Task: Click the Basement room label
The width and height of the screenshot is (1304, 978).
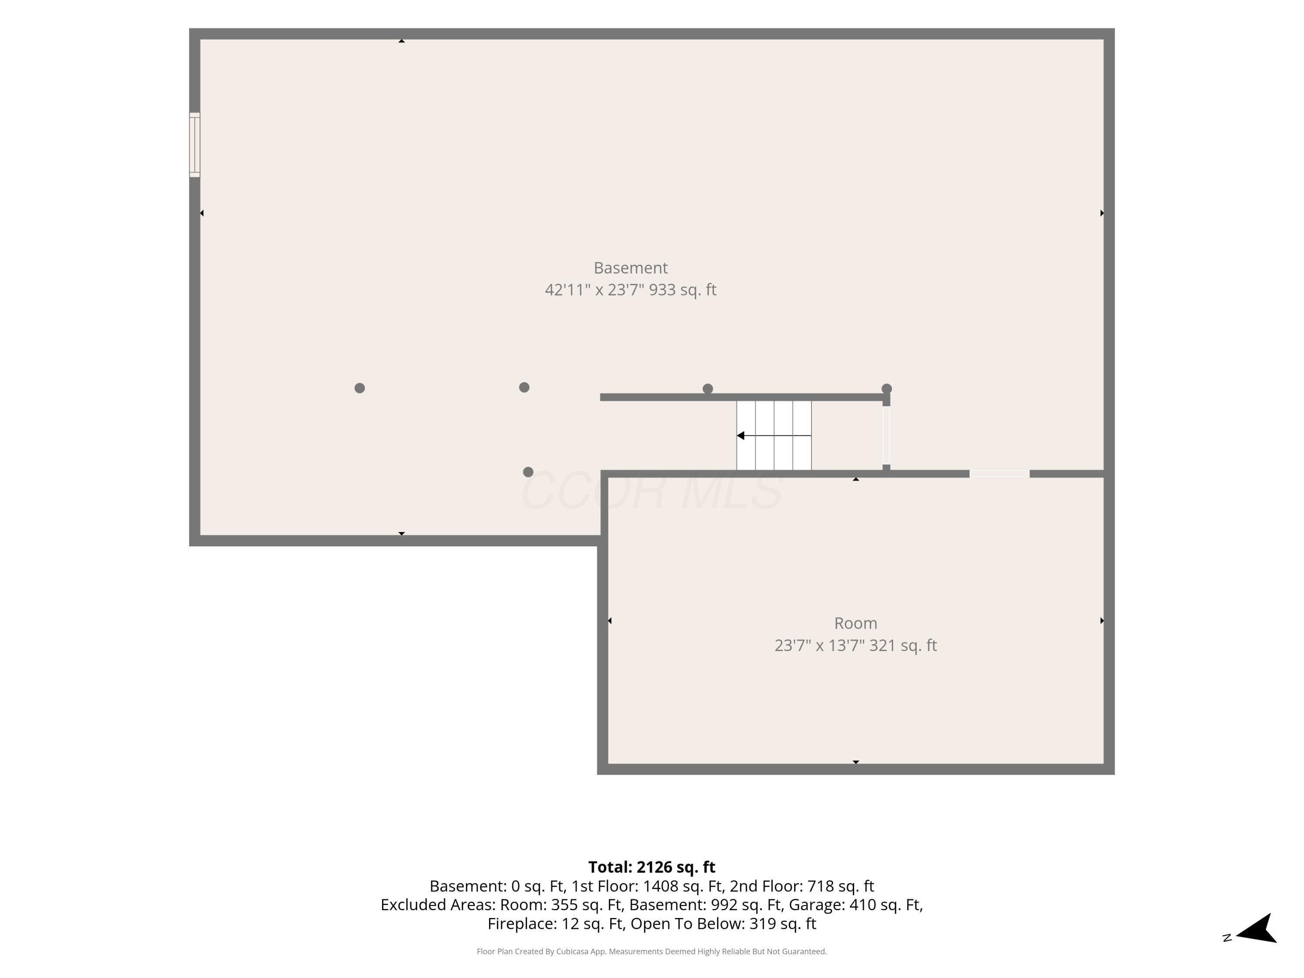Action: (630, 268)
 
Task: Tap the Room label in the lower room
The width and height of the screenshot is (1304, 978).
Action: (855, 623)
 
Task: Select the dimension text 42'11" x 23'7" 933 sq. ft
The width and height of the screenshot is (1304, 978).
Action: (630, 289)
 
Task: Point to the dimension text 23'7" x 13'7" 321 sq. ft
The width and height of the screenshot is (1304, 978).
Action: (855, 645)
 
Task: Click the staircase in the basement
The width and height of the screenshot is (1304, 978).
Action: (774, 436)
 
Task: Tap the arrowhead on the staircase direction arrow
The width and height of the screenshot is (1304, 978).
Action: (740, 436)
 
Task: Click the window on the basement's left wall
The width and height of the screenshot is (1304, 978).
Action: (195, 144)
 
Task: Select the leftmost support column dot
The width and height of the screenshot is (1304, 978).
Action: (359, 388)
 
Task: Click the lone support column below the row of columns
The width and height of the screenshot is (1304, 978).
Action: (528, 472)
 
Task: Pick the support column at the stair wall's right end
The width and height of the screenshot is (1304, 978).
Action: (887, 389)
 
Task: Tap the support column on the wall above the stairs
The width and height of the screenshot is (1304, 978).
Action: (708, 389)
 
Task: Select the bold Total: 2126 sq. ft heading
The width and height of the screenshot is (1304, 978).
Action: (652, 867)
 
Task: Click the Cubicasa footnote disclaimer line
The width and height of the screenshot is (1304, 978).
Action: (652, 951)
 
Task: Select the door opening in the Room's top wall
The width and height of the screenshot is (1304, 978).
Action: (999, 474)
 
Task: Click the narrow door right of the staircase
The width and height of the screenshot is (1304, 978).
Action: (886, 436)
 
